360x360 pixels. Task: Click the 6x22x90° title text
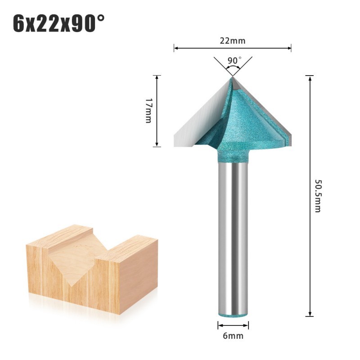pos(59,23)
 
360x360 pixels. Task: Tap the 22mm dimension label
pos(233,40)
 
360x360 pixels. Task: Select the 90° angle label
pos(234,60)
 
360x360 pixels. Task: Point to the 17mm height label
pos(149,111)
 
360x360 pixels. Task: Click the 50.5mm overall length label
pos(318,196)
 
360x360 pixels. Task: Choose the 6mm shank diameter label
pos(233,336)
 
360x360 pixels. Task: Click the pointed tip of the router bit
pos(232,76)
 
